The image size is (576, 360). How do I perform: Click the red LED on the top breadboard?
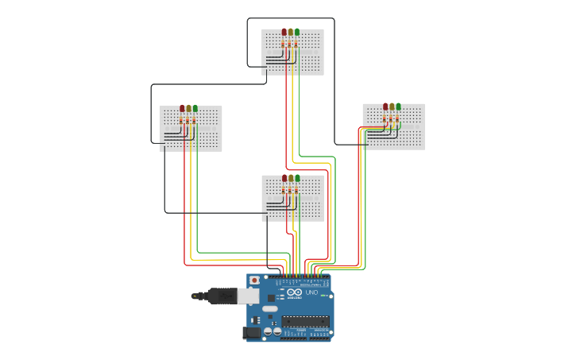tap(284, 33)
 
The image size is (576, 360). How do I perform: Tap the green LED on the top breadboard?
tap(297, 33)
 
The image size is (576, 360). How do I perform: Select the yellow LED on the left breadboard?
tap(188, 109)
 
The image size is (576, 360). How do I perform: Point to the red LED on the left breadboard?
tap(182, 109)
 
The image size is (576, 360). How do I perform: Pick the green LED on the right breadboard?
tap(398, 106)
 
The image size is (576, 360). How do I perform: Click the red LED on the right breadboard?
tap(385, 106)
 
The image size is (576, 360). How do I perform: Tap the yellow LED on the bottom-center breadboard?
tap(291, 179)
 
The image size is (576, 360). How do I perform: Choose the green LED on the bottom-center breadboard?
tap(297, 179)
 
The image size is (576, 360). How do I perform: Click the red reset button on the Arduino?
tap(254, 281)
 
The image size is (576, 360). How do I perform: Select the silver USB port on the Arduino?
tap(248, 296)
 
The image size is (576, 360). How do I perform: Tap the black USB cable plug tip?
tap(195, 296)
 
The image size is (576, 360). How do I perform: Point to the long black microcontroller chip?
tap(305, 321)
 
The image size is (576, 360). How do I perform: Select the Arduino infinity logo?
tap(292, 293)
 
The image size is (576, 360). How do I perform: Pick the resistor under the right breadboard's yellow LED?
tap(392, 119)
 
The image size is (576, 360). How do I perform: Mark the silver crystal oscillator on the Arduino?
tap(270, 308)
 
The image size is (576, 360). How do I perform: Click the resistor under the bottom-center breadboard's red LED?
tap(284, 191)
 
